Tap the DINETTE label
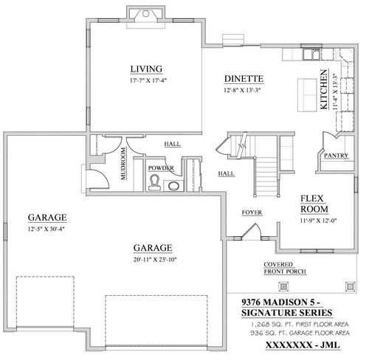pos(244,78)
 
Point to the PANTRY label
pos(327,155)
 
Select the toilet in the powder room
pos(155,184)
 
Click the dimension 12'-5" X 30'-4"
pos(47,229)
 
